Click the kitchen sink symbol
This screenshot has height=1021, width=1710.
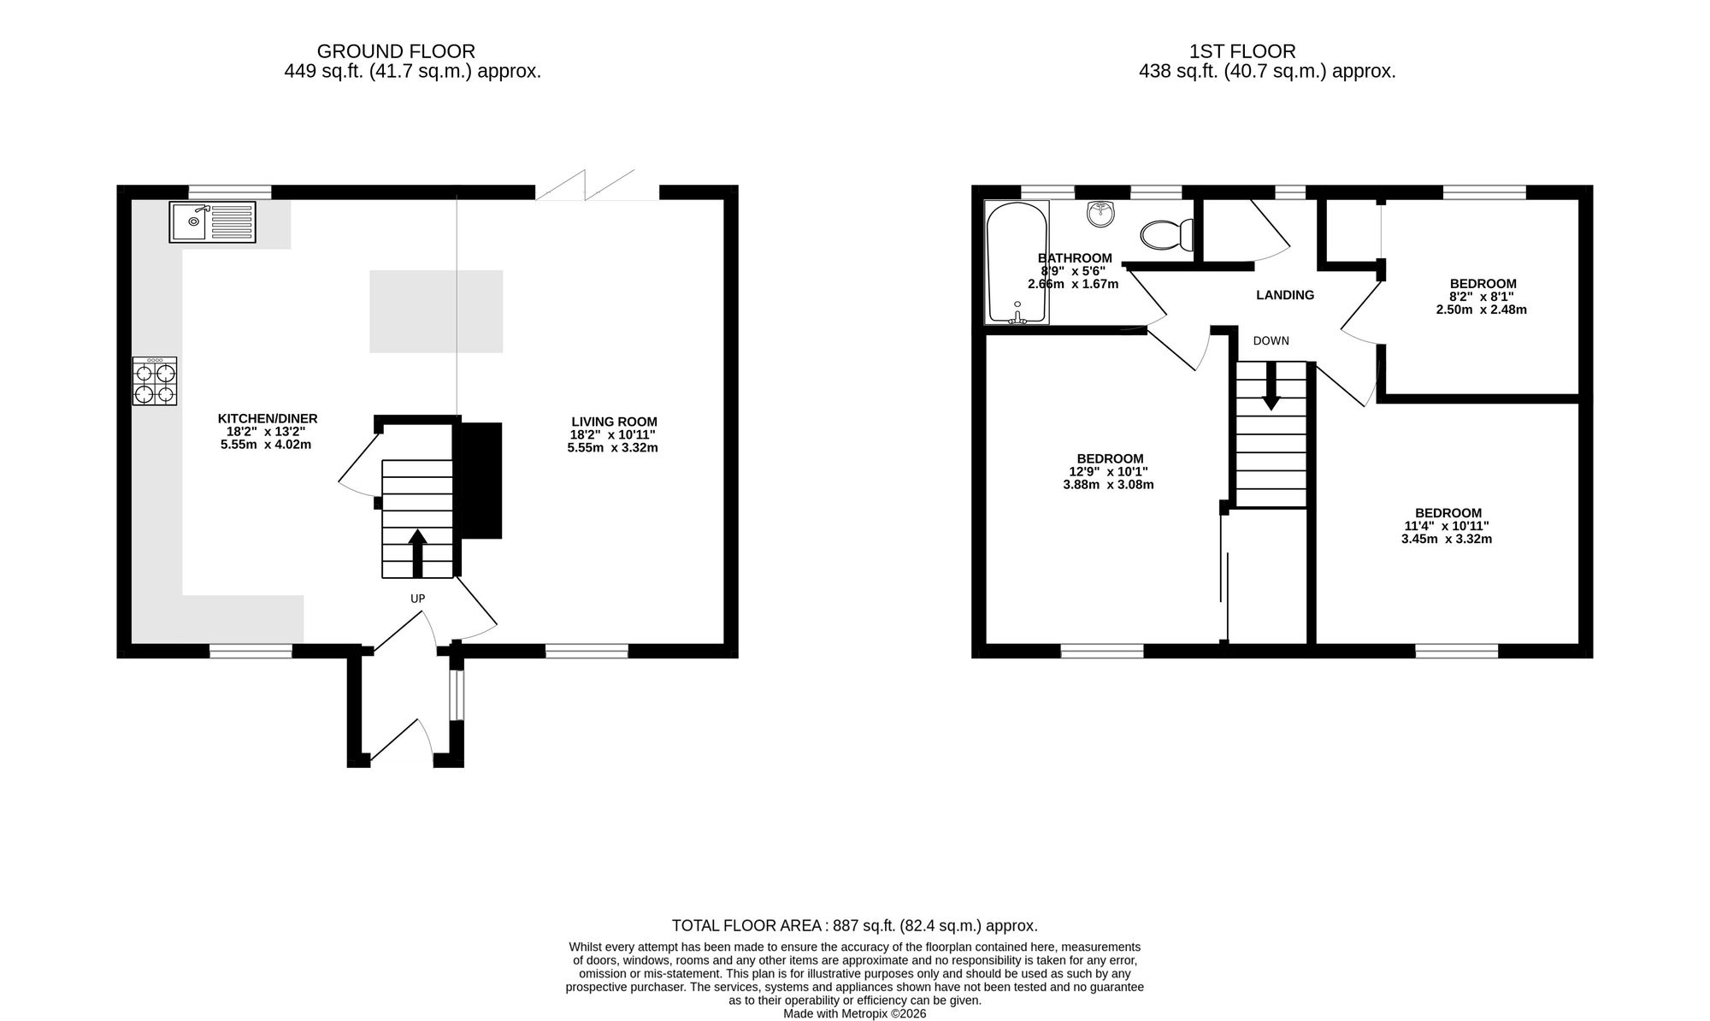(212, 222)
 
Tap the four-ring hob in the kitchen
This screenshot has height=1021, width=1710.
(155, 381)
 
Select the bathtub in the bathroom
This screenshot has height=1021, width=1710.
(1017, 263)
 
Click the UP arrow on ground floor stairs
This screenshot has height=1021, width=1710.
(417, 553)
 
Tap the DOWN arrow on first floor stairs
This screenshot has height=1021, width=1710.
(1271, 386)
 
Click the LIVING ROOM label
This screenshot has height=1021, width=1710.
(614, 422)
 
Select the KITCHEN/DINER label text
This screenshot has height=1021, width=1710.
(268, 419)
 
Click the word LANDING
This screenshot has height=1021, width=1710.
(1285, 295)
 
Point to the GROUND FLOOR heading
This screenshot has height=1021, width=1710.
(396, 51)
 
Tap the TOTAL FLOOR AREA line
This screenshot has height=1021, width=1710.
(855, 925)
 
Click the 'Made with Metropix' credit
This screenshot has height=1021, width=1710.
(855, 1013)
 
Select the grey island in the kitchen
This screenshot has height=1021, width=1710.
(436, 311)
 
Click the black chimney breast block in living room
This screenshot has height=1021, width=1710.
(481, 480)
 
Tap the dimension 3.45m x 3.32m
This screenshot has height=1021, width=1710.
(1447, 540)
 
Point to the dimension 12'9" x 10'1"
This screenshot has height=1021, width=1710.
(1109, 471)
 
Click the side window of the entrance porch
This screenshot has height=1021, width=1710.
(457, 695)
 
